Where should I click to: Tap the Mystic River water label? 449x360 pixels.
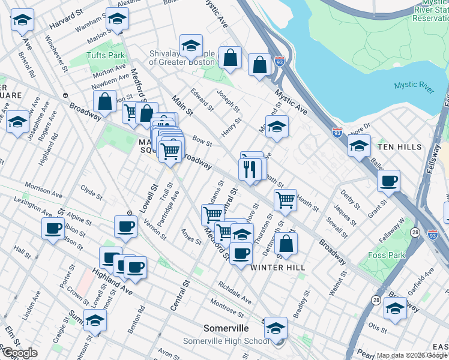click(x=414, y=86)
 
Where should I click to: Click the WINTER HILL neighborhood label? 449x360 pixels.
click(x=278, y=267)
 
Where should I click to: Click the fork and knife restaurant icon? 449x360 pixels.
click(x=252, y=169)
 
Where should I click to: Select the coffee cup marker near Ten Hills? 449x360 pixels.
click(x=388, y=181)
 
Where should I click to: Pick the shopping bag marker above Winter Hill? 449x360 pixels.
click(x=287, y=243)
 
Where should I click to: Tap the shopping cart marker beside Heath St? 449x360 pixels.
click(x=285, y=199)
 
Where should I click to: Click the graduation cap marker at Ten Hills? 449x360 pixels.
click(x=359, y=146)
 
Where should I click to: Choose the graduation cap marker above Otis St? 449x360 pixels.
click(x=395, y=309)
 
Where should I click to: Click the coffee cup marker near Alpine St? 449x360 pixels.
click(x=53, y=229)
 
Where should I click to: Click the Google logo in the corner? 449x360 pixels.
click(x=19, y=352)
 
